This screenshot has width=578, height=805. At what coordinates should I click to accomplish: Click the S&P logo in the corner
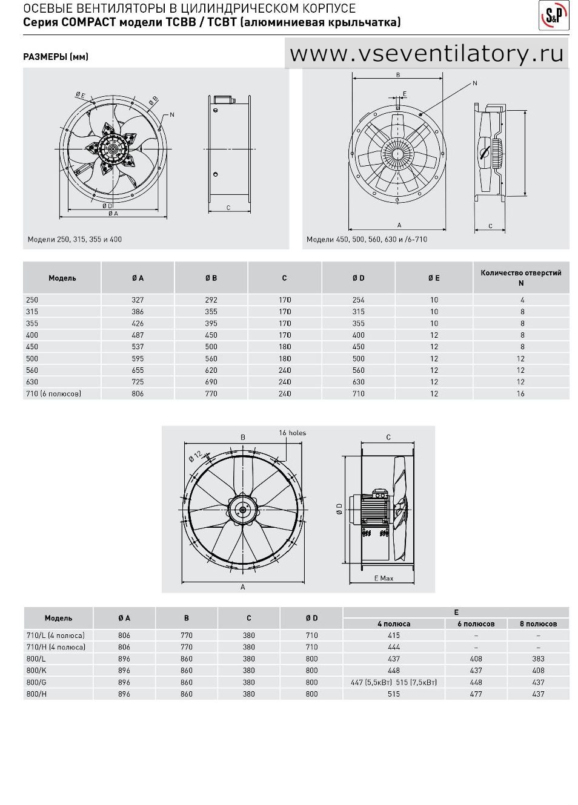click(x=554, y=15)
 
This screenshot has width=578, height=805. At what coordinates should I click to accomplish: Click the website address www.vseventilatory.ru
click(x=427, y=54)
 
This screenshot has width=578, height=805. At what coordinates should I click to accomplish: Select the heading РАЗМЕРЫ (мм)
click(x=56, y=57)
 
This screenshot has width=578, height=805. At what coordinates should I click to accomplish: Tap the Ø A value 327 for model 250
click(x=138, y=300)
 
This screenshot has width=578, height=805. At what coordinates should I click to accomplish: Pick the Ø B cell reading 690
click(x=211, y=382)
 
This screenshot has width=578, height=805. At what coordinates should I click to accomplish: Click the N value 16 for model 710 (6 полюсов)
click(x=521, y=393)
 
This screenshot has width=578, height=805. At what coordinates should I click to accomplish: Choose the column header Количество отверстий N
click(x=521, y=278)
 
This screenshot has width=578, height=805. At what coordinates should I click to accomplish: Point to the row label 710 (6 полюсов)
click(x=53, y=393)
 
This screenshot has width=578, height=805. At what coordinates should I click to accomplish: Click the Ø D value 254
click(x=359, y=300)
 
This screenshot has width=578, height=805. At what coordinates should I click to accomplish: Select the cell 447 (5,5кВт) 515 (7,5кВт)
click(x=394, y=682)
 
